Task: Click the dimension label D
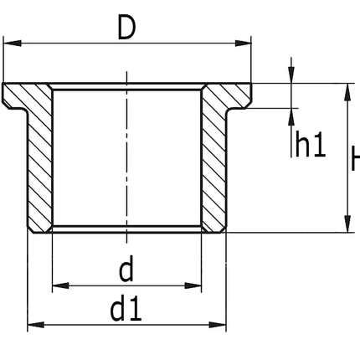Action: [126, 28]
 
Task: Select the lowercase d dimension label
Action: [126, 270]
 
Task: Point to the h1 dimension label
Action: [310, 146]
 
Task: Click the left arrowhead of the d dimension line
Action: [58, 287]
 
